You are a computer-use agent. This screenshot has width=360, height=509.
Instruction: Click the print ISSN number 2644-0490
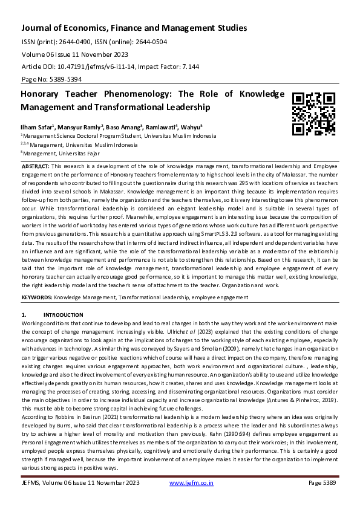[x=76, y=42]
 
